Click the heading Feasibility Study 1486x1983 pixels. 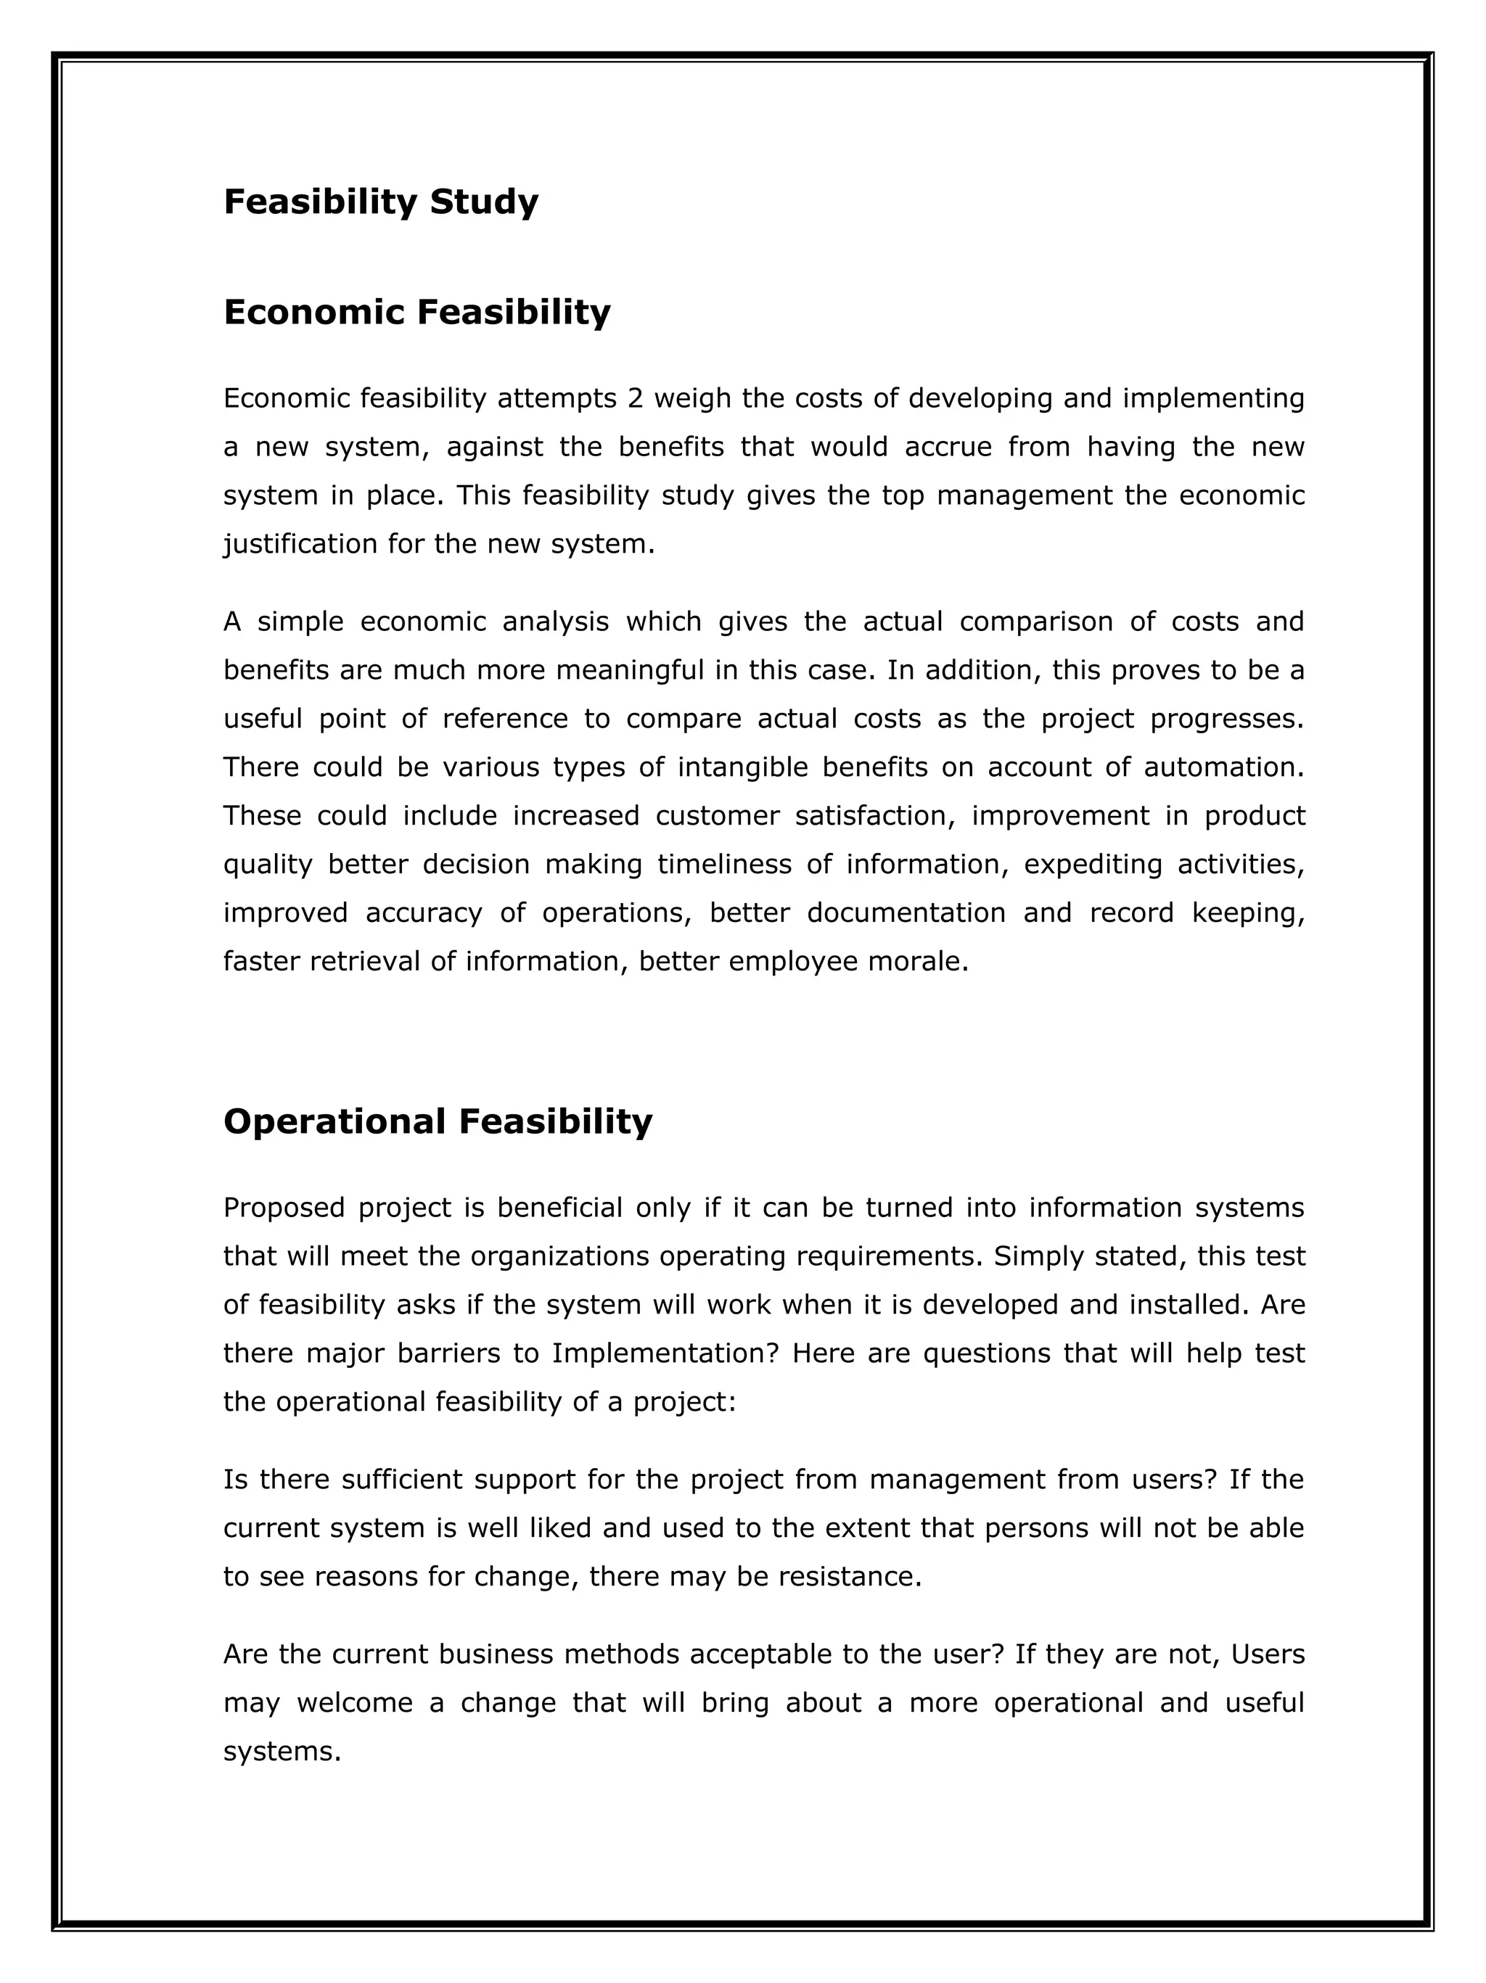coord(380,202)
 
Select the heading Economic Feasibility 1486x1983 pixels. coord(416,313)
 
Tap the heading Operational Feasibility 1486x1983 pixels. coord(438,1121)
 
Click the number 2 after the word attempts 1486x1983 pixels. coord(635,398)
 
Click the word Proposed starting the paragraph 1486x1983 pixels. coord(284,1208)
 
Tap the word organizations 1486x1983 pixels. coord(559,1256)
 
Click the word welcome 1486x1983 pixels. coord(354,1702)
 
